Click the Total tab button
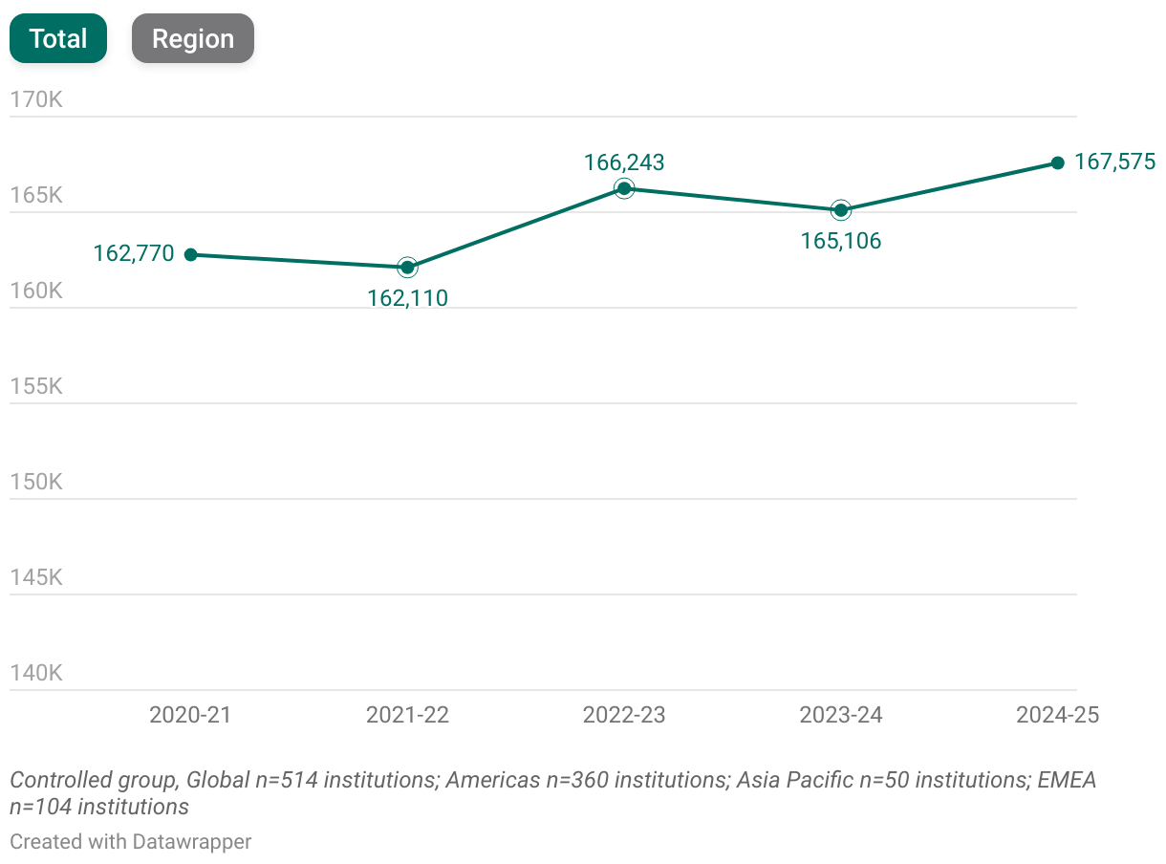coord(58,39)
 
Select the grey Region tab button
coord(193,39)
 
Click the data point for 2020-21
coord(191,254)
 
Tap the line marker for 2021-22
coord(407,267)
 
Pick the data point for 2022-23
coord(624,188)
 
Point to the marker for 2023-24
coord(841,210)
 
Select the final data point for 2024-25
coord(1057,162)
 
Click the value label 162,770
coord(134,253)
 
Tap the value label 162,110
coord(407,298)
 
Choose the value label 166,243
coord(624,162)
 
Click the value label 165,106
coord(841,241)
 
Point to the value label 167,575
coord(1114,162)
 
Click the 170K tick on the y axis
coord(36,99)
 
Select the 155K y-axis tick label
coord(36,386)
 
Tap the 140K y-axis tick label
coord(36,673)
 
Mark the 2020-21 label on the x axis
coord(191,715)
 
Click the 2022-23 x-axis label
coord(624,715)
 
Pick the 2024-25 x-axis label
coord(1057,715)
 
